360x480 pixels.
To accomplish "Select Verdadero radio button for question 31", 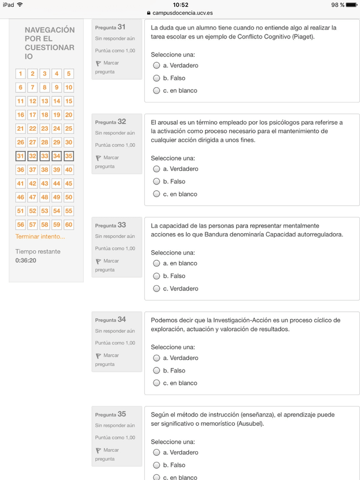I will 157,66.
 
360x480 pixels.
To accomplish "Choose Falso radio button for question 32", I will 157,182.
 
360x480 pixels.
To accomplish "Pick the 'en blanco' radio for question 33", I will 157,264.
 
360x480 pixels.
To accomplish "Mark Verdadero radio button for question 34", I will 157,358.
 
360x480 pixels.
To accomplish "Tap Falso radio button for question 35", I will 157,465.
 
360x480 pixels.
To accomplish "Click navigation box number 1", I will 21,74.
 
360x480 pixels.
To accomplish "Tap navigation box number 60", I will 69,224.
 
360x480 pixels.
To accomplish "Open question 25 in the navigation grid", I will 69,128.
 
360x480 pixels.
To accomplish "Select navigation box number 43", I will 45,183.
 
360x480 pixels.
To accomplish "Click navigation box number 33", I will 45,156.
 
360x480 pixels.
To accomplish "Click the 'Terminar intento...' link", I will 40,237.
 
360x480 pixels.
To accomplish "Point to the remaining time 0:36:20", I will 25,260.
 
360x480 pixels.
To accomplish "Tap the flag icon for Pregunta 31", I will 98,63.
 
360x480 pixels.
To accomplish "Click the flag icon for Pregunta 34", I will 98,356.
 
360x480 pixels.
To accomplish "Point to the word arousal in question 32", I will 170,122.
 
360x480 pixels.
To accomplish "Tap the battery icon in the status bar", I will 351,5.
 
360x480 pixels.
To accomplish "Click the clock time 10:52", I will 180,5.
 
